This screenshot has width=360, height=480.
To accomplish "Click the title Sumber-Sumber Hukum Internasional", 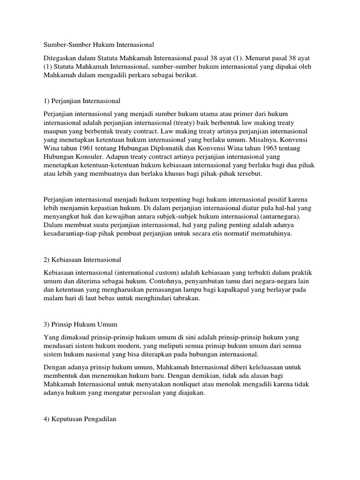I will tap(99, 45).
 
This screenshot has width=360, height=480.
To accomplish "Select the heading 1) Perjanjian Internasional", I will tap(82, 100).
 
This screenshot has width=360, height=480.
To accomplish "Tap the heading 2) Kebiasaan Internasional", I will tap(82, 259).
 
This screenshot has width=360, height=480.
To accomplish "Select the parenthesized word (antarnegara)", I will tap(275, 217).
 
